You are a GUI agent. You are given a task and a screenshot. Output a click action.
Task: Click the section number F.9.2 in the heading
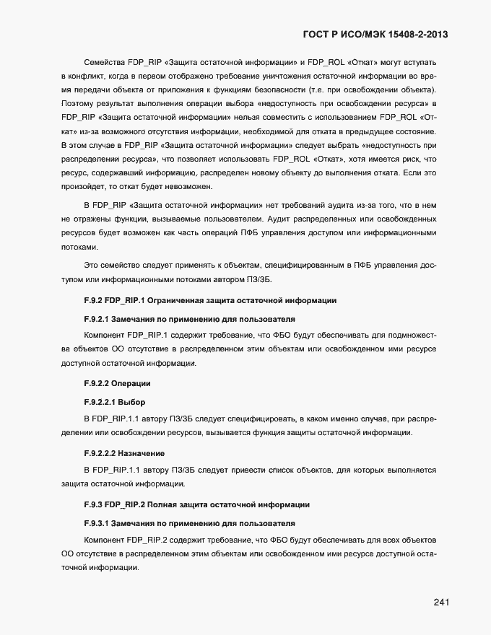[92, 300]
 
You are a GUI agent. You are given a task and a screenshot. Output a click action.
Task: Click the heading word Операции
[131, 382]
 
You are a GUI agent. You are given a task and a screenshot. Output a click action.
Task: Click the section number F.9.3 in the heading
[92, 504]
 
